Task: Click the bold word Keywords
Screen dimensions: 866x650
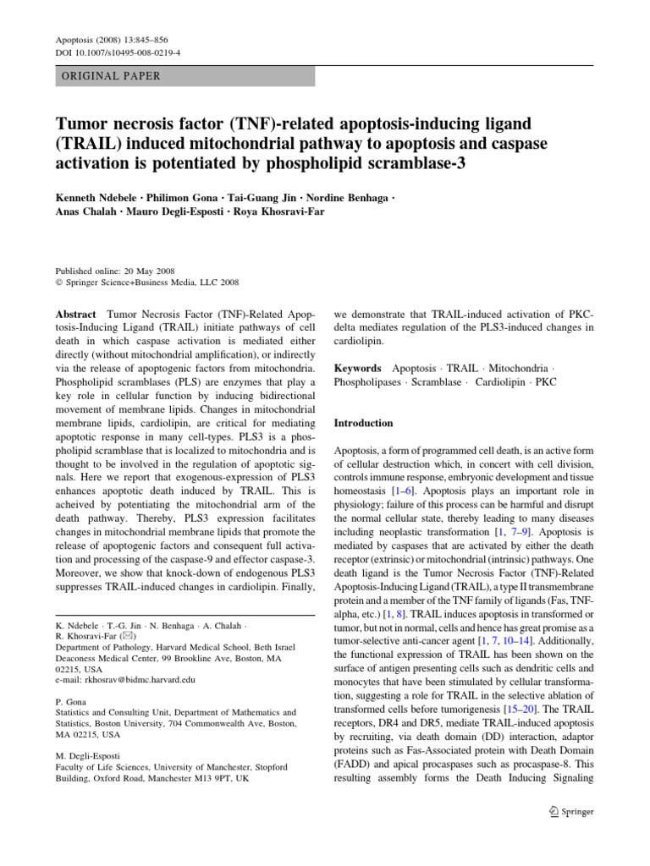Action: pos(358,369)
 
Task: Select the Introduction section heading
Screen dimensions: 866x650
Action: pos(364,423)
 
